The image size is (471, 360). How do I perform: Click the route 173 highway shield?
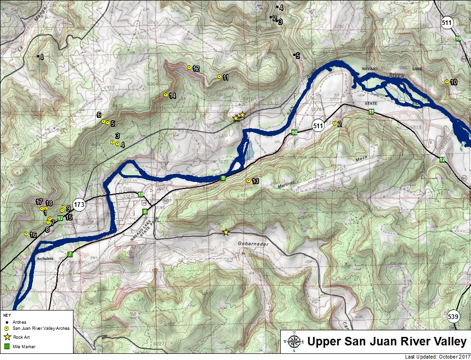79,205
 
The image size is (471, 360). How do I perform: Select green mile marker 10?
294,132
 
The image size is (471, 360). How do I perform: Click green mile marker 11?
371,112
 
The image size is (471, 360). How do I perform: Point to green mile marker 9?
223,178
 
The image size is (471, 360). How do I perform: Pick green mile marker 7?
70,254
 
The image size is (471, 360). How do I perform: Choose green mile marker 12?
442,160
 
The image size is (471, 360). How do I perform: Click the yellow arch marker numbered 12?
189,68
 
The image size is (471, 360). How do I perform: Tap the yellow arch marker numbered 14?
166,95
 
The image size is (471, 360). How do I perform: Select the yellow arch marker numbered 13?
249,181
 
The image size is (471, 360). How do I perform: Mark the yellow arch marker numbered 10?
447,82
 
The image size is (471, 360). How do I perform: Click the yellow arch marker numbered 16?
26,234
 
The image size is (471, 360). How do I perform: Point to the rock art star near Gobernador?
226,232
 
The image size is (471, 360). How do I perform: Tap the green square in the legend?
7,346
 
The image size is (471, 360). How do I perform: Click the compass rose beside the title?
294,343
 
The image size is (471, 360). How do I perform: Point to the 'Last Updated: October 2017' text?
437,357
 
